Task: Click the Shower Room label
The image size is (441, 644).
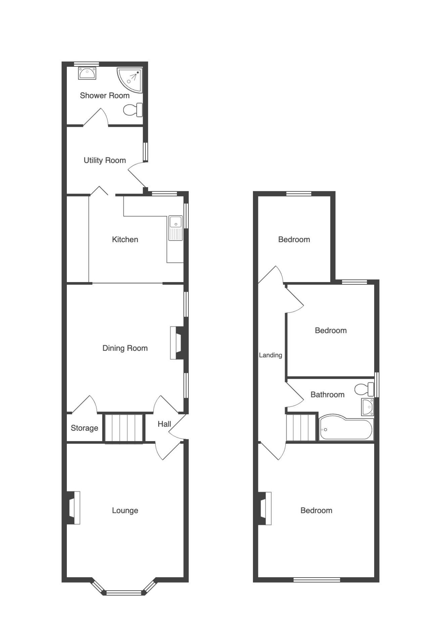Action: pyautogui.click(x=105, y=96)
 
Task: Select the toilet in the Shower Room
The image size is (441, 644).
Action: pyautogui.click(x=133, y=110)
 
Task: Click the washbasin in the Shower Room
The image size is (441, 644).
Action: pyautogui.click(x=87, y=73)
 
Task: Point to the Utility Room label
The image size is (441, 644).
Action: pyautogui.click(x=105, y=160)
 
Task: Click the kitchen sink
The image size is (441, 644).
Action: pyautogui.click(x=175, y=228)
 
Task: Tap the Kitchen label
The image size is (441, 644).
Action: pyautogui.click(x=125, y=239)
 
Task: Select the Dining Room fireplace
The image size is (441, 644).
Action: pyautogui.click(x=177, y=343)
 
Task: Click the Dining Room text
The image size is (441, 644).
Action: pyautogui.click(x=125, y=348)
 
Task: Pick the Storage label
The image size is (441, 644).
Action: pyautogui.click(x=84, y=428)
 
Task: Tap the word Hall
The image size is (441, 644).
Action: pyautogui.click(x=164, y=424)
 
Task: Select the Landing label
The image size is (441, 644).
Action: pyautogui.click(x=270, y=355)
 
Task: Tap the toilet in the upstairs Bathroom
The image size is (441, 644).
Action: pyautogui.click(x=364, y=389)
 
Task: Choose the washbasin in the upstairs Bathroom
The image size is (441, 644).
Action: pyautogui.click(x=367, y=407)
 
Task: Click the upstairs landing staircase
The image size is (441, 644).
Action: pyautogui.click(x=301, y=428)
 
